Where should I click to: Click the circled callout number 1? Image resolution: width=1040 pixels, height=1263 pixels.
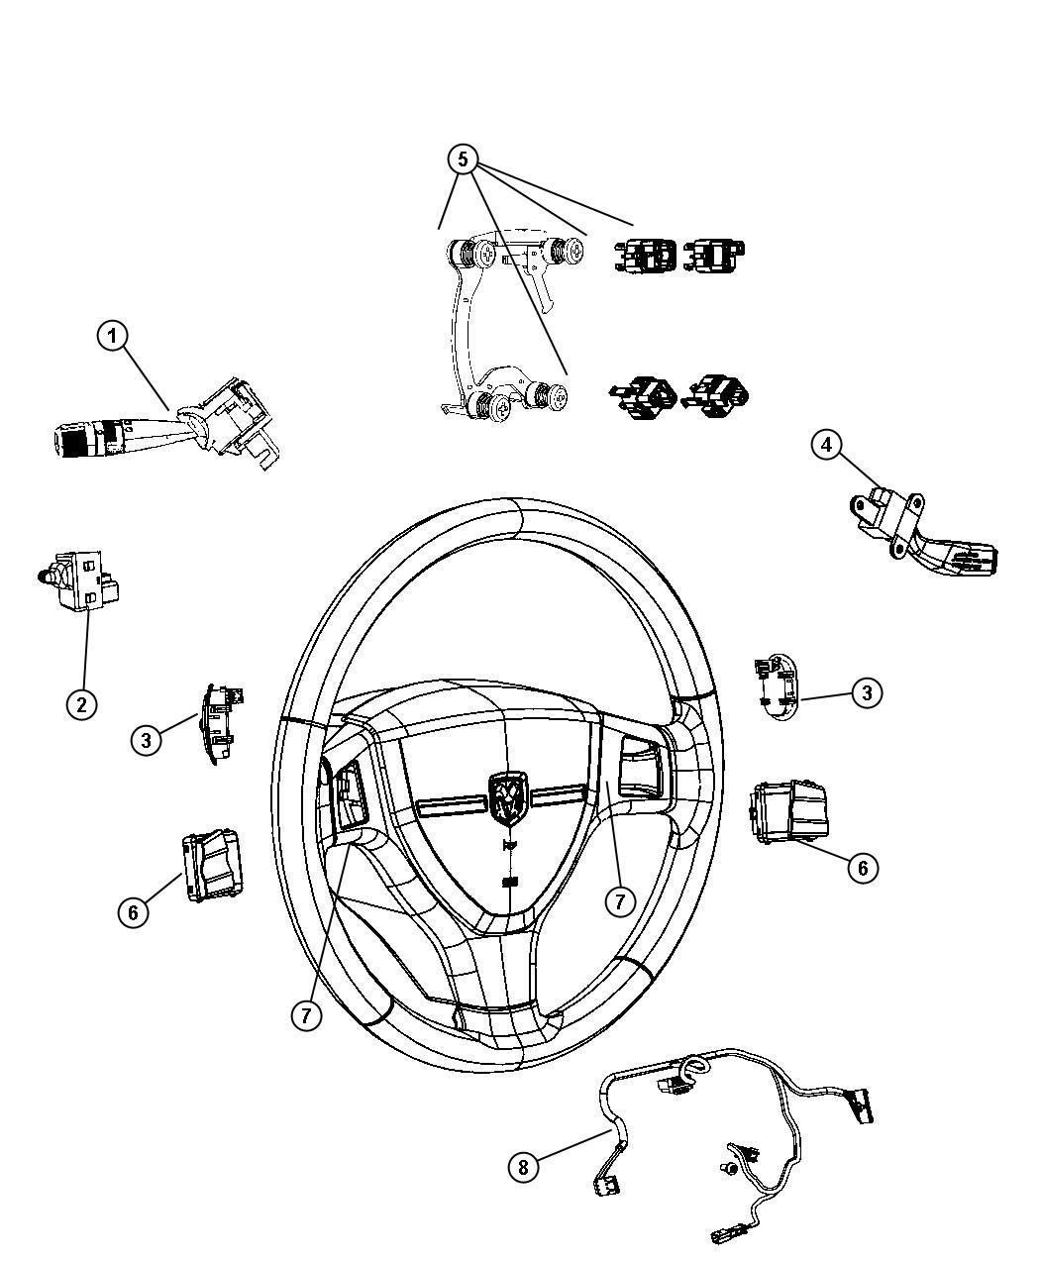[x=113, y=336]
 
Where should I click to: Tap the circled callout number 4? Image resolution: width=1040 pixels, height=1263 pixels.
[x=828, y=445]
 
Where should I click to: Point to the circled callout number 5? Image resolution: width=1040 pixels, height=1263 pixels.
[x=464, y=159]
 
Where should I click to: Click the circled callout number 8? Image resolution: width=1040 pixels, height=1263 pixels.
[x=523, y=1167]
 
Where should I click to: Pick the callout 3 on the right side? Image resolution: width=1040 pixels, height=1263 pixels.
[x=867, y=692]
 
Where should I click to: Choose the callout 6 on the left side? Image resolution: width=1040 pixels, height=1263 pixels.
[x=134, y=911]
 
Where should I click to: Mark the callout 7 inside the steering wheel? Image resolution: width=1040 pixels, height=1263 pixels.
[x=620, y=900]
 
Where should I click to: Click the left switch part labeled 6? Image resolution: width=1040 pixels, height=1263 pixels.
[x=210, y=866]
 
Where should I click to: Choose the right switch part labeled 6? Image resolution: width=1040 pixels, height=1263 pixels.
[x=789, y=813]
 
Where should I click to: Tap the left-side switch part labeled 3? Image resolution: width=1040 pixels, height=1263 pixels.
[x=218, y=724]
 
